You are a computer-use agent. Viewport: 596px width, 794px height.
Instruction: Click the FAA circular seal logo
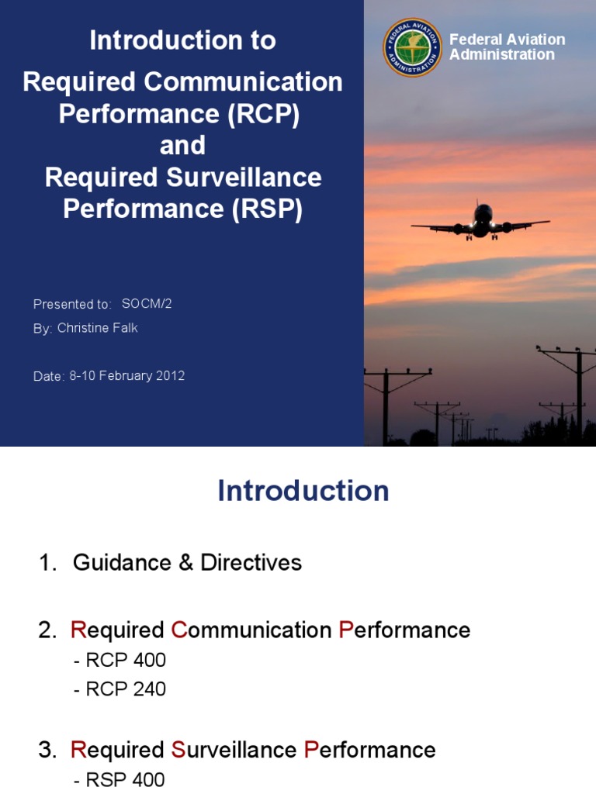click(x=413, y=47)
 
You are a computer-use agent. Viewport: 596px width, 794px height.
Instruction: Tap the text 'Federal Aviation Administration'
click(x=507, y=47)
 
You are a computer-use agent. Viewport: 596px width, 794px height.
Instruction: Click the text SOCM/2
click(x=147, y=303)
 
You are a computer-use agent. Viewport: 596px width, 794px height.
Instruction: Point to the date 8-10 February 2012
click(x=127, y=376)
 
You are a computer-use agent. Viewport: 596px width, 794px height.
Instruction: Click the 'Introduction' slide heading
click(x=303, y=491)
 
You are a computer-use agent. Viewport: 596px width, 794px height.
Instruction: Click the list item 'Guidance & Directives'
click(x=187, y=563)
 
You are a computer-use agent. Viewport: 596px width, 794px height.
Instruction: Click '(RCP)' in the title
click(x=264, y=114)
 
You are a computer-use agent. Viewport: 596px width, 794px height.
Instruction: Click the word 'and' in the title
click(x=182, y=146)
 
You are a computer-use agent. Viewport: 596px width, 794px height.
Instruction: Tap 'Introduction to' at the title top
click(x=182, y=40)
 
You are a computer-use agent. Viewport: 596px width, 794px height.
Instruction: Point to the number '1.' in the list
click(x=47, y=564)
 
